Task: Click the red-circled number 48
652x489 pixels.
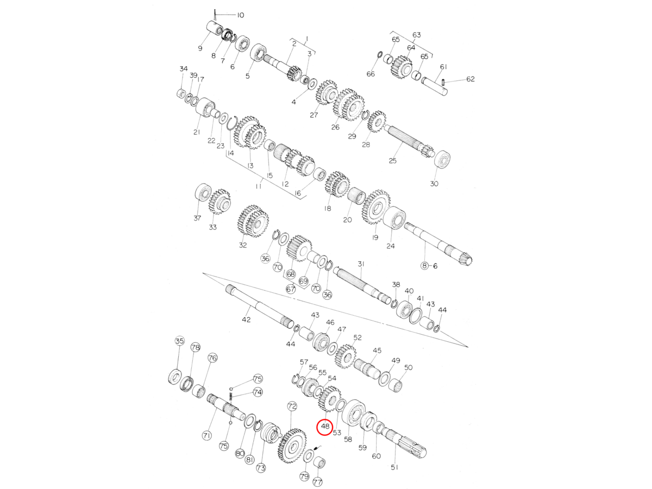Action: tap(325, 427)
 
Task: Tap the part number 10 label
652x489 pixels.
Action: tap(240, 15)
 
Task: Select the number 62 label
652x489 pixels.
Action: tap(470, 79)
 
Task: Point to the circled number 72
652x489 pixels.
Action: tap(292, 406)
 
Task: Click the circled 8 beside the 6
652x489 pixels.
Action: tap(424, 266)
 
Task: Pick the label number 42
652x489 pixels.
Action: tap(246, 319)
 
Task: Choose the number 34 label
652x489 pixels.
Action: tap(184, 69)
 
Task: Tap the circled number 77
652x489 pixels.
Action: tap(317, 482)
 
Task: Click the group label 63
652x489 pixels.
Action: tap(416, 35)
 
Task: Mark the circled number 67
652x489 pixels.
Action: tap(291, 289)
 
